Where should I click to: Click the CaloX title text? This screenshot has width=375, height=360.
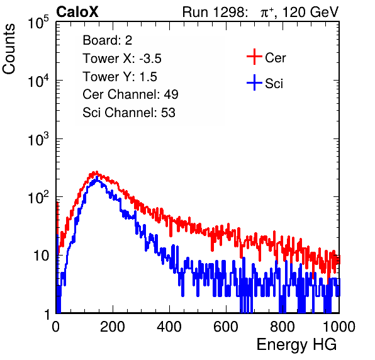(x=77, y=12)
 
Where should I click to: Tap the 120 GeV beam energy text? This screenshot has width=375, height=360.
(x=310, y=13)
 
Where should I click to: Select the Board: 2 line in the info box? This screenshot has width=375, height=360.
(x=108, y=40)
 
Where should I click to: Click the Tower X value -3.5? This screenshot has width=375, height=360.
(x=150, y=59)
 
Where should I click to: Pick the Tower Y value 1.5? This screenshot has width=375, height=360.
(x=148, y=77)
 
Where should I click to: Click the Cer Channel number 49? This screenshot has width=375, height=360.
(x=171, y=94)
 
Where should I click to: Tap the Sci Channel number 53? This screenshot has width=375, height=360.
(x=168, y=113)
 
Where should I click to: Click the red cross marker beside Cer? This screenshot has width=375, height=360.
(x=254, y=57)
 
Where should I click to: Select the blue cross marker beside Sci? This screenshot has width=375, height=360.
(x=254, y=82)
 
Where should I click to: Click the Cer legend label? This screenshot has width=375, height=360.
(x=275, y=58)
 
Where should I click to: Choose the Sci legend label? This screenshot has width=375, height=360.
(x=274, y=84)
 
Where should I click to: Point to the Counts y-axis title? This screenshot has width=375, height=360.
(x=9, y=49)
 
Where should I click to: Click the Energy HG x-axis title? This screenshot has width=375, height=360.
(x=296, y=345)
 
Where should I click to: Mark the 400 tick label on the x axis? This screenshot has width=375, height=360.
(x=169, y=327)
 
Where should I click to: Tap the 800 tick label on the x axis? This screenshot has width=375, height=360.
(x=283, y=327)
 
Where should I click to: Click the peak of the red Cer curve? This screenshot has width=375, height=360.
(x=96, y=172)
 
